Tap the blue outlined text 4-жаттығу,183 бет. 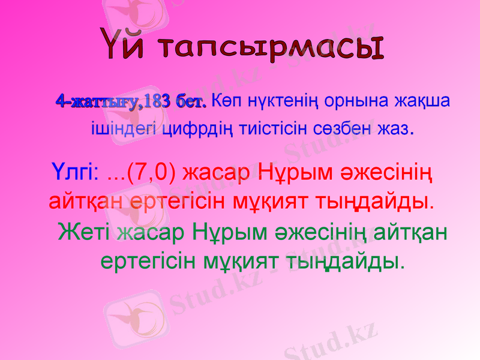[x=131, y=101]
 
